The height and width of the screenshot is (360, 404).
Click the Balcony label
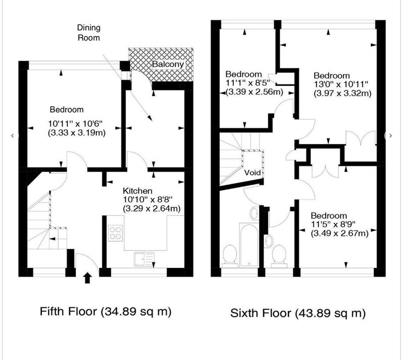click(x=168, y=64)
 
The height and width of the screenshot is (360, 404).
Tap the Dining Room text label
click(x=89, y=32)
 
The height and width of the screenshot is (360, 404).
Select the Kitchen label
click(x=137, y=191)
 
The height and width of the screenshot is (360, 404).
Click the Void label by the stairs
click(x=252, y=172)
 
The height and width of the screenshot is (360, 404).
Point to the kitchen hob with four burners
click(x=115, y=233)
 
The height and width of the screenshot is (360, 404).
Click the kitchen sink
click(x=144, y=259)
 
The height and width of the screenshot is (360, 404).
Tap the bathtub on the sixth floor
click(x=249, y=245)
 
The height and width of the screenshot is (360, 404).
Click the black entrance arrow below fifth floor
click(x=87, y=278)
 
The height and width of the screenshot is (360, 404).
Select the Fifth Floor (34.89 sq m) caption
click(x=106, y=311)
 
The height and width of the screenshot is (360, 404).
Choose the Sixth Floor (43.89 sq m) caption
click(x=298, y=313)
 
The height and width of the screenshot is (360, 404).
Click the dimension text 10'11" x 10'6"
click(x=75, y=123)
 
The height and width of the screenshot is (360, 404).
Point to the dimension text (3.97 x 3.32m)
click(x=342, y=93)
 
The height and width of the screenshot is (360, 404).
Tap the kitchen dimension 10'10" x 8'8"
click(x=147, y=199)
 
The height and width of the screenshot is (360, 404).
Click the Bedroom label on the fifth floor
click(x=67, y=109)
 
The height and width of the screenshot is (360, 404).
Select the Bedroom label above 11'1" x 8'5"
click(x=243, y=74)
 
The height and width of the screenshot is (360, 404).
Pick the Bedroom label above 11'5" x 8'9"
click(x=329, y=215)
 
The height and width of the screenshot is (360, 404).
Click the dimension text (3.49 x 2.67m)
click(x=339, y=233)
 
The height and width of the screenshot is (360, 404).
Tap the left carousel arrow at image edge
click(x=12, y=136)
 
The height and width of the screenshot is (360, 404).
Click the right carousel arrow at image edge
click(x=390, y=136)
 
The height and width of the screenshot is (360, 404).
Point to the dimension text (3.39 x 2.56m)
click(x=255, y=92)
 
